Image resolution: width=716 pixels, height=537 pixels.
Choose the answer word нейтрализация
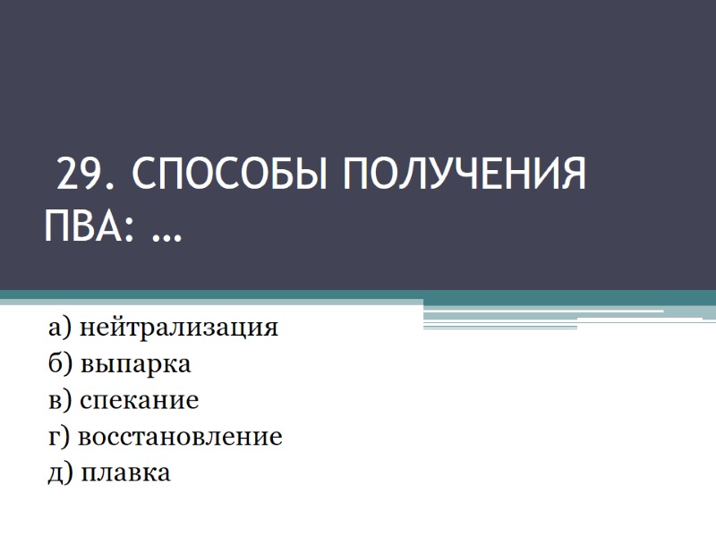click(x=179, y=328)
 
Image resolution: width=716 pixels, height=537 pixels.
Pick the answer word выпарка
click(x=136, y=365)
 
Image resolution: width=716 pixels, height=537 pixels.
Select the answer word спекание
click(x=139, y=401)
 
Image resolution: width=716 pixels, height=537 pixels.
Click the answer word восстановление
click(x=180, y=438)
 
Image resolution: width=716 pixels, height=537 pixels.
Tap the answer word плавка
click(x=126, y=473)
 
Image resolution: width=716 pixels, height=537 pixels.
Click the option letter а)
click(x=60, y=328)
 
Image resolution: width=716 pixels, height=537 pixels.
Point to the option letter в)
click(x=60, y=401)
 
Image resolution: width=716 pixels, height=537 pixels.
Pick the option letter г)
click(x=58, y=438)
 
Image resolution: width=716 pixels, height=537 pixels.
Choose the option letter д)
click(x=61, y=473)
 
